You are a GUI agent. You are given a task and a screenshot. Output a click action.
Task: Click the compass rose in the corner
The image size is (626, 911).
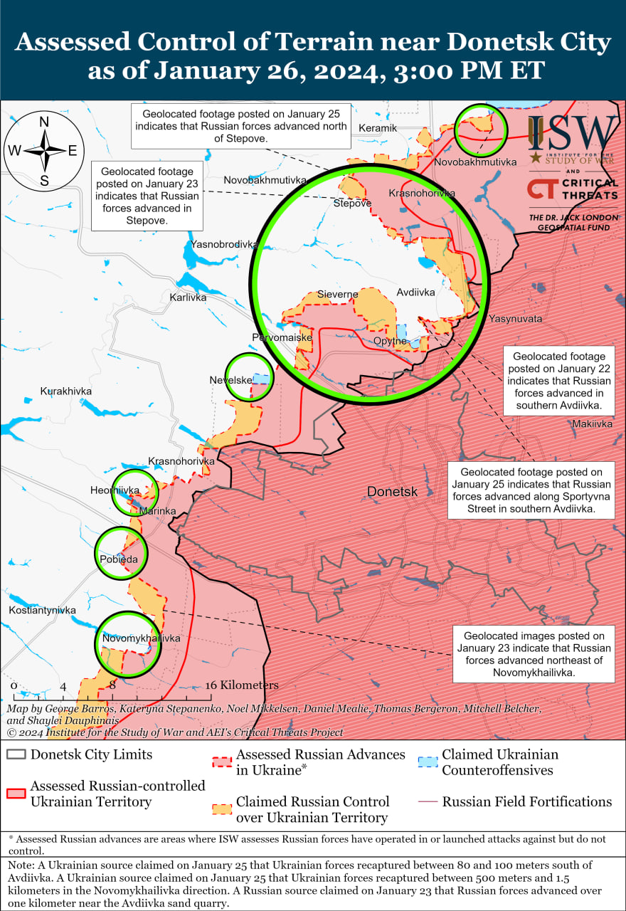pos(44,150)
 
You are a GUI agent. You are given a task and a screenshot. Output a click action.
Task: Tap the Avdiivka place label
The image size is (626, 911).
pos(415,292)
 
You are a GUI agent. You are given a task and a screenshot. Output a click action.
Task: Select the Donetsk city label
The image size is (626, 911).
pos(392,492)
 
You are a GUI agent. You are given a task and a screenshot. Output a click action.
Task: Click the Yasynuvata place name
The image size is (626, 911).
pos(515,319)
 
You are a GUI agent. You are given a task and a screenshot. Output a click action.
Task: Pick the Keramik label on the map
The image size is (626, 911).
pos(378,128)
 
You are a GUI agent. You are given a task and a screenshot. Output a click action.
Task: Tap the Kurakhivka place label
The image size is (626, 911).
pos(66,391)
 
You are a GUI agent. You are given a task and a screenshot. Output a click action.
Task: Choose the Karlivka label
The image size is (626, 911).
pos(188,297)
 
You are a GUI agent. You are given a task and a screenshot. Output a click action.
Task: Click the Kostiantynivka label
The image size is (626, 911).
pos(43,611)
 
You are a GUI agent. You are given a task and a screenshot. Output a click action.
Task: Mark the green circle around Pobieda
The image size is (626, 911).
pos(122,553)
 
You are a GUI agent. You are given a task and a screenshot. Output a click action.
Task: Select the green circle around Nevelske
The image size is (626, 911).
pos(249,378)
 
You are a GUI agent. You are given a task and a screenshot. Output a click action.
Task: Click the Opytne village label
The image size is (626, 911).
pos(391,341)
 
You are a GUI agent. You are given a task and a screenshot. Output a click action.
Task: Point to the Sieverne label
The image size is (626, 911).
pos(338,294)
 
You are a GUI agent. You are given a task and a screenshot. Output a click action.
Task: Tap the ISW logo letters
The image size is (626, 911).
pos(573,132)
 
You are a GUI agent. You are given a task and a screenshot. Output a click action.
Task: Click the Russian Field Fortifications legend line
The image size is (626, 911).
pos(428,802)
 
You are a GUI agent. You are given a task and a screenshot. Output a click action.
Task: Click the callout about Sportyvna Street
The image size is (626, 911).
pos(531,491)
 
